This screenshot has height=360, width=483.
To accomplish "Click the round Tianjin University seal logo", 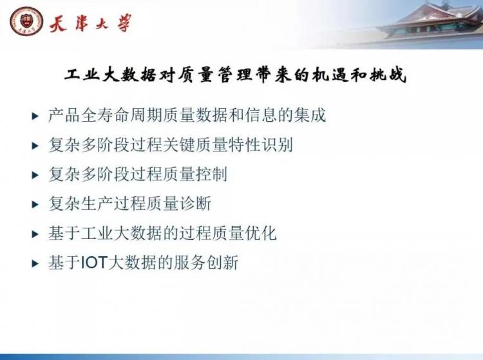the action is click(26, 21).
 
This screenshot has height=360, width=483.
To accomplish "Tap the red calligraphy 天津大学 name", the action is click(91, 23).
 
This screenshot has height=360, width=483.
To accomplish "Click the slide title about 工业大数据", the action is click(236, 75).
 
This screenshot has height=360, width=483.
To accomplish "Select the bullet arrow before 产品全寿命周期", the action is click(35, 116).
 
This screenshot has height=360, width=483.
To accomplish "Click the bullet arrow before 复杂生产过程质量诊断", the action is click(35, 205).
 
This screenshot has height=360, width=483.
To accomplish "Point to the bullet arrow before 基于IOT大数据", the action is click(35, 263).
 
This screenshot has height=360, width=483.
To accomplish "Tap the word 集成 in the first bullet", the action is click(310, 115).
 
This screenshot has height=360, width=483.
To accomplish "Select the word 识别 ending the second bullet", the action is click(277, 145).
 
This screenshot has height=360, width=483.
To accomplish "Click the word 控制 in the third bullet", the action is click(211, 175).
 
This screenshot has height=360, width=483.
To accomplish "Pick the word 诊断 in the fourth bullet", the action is click(195, 204).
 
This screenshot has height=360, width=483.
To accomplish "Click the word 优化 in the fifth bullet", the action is click(261, 233).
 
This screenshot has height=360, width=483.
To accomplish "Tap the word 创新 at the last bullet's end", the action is click(222, 263).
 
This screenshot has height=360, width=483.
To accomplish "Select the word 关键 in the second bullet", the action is click(179, 145).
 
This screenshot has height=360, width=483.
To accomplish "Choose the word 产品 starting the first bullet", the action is click(64, 115).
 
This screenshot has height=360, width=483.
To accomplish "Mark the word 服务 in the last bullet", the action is click(190, 263).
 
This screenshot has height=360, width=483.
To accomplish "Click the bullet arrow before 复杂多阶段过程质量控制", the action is click(35, 175).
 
